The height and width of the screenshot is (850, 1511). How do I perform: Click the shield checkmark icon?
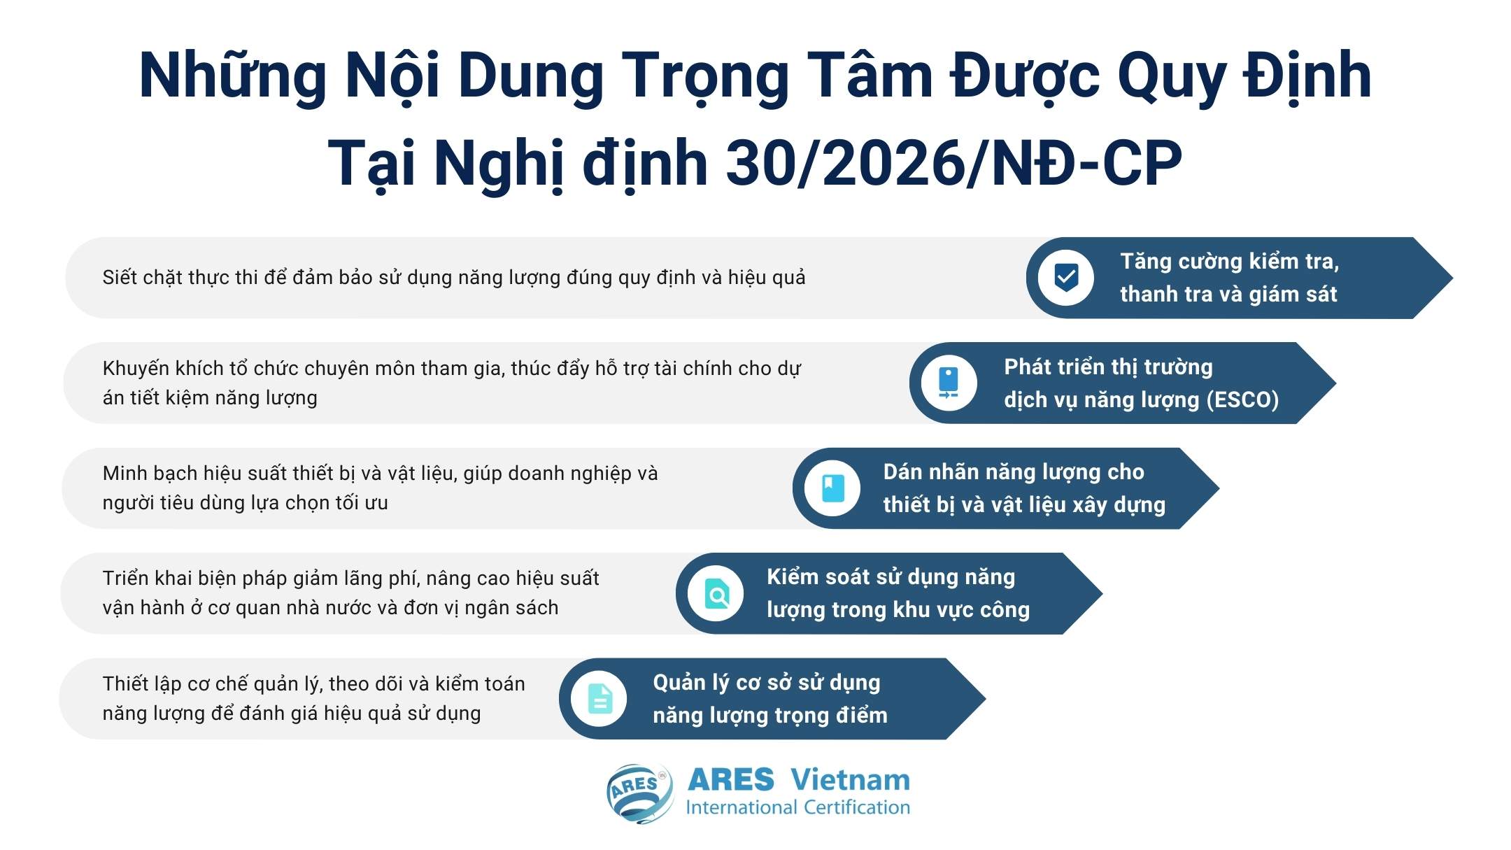(1065, 278)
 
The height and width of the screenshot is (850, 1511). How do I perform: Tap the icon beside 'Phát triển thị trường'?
(949, 383)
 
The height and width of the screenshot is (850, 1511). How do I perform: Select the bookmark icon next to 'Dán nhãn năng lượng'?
(832, 488)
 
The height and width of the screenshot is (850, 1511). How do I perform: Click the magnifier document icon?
(716, 594)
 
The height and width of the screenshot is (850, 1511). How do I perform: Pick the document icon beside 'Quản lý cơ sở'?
(600, 698)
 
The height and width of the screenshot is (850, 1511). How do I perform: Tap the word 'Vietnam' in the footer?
(850, 779)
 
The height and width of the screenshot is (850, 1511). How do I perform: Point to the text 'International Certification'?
(797, 807)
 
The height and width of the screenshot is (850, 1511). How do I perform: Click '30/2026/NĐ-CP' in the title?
(953, 163)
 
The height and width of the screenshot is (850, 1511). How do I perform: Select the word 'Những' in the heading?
(233, 76)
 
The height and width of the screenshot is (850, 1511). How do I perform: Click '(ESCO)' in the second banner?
(1242, 399)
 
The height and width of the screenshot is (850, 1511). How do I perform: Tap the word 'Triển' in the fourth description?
(127, 579)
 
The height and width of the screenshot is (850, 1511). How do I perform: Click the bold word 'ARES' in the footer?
(731, 779)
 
